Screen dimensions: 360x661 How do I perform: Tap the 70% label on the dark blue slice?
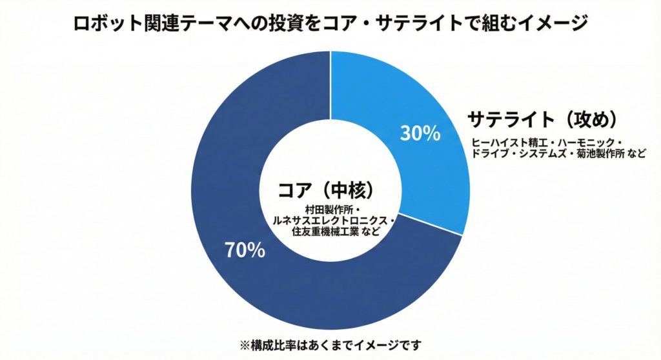tap(245, 250)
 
